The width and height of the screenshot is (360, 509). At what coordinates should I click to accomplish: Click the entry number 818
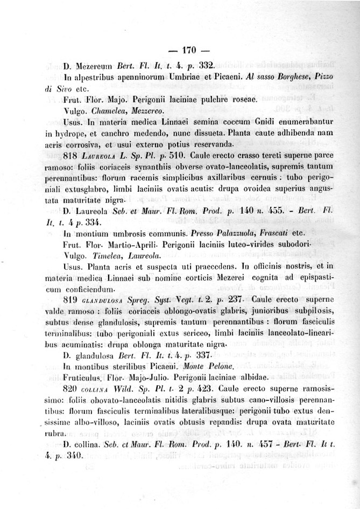pyautogui.click(x=72, y=155)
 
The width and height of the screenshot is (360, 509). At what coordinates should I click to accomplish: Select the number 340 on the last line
pyautogui.click(x=74, y=456)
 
